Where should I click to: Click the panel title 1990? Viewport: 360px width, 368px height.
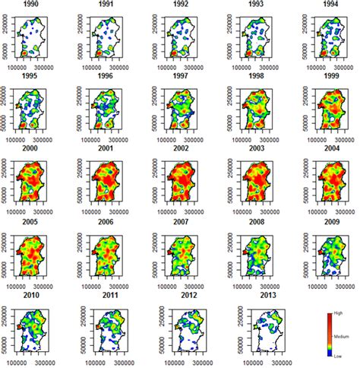(x=32, y=4)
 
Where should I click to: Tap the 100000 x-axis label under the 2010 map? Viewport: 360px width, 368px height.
(x=20, y=362)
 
